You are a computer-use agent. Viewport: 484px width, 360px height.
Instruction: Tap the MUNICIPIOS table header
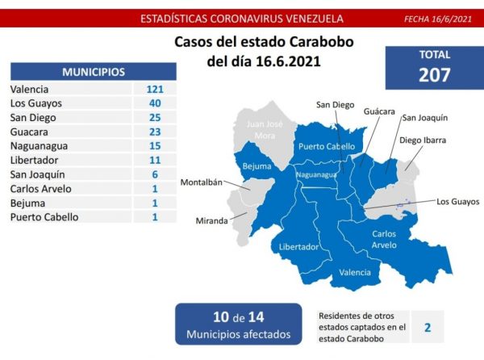93,72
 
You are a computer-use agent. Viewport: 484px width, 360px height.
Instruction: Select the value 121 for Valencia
155,89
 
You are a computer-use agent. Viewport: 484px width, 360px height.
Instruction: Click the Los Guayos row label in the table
36,103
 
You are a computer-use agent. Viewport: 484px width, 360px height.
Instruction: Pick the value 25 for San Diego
155,118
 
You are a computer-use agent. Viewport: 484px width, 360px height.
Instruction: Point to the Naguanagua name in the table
40,146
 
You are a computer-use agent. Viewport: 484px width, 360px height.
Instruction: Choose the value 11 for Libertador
155,161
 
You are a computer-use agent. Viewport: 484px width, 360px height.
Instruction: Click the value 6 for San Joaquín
155,174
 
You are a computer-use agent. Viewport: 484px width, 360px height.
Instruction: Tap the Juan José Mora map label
266,129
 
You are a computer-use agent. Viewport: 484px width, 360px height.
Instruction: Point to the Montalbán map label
202,182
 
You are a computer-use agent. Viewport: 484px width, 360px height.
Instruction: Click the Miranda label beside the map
212,221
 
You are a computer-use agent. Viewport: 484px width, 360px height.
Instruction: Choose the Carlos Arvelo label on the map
384,237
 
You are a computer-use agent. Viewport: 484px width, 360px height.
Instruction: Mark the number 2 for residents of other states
428,327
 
